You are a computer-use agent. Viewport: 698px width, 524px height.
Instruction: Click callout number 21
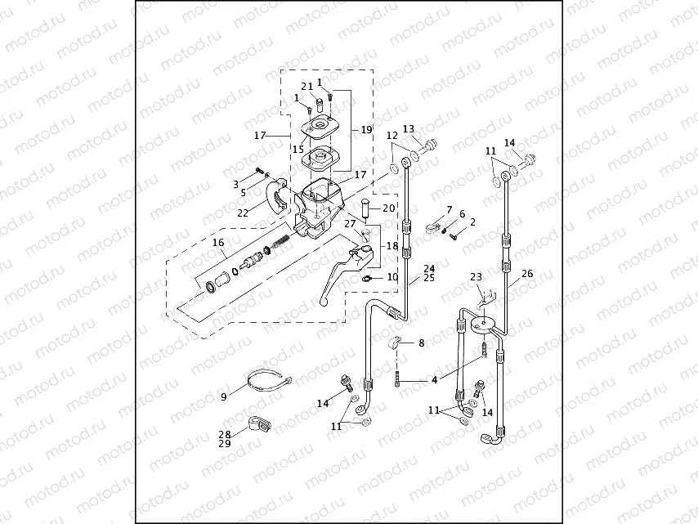pos(306,86)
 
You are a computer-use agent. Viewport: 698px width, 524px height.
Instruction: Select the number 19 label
pos(365,129)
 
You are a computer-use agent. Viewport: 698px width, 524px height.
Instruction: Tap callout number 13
pos(409,128)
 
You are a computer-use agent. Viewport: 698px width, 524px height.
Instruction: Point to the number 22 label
pos(243,213)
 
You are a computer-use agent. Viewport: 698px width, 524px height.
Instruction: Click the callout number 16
pos(217,243)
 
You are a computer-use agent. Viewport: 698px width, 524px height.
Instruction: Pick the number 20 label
pos(388,208)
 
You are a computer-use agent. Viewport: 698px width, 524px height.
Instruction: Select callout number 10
pos(392,277)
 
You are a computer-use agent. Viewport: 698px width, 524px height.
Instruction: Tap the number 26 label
pos(527,274)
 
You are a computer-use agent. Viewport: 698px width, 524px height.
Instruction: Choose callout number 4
pos(434,379)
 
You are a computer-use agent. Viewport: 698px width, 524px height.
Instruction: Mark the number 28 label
pos(224,434)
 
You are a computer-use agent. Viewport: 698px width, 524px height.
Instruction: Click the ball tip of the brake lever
pos(324,302)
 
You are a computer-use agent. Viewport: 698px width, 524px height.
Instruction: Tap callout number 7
pos(449,211)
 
